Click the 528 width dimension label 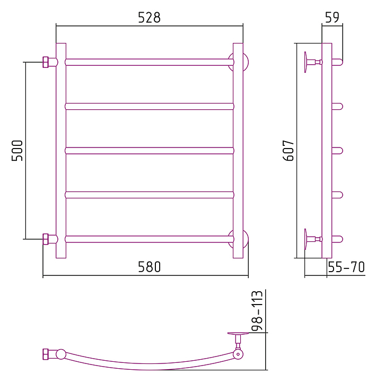[149, 18]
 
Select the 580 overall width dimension [149, 267]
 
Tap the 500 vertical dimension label [17, 151]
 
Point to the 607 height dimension [288, 151]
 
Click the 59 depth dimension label [332, 17]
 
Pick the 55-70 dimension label [346, 267]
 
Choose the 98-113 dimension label [257, 310]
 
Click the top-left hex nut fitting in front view [46, 62]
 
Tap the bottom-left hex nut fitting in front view [46, 239]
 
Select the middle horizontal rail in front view [149, 151]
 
